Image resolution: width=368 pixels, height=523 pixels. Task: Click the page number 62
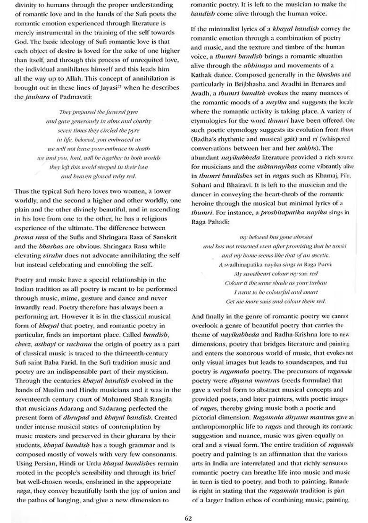(x=188, y=518)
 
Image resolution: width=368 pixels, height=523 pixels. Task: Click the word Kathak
(x=202, y=75)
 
